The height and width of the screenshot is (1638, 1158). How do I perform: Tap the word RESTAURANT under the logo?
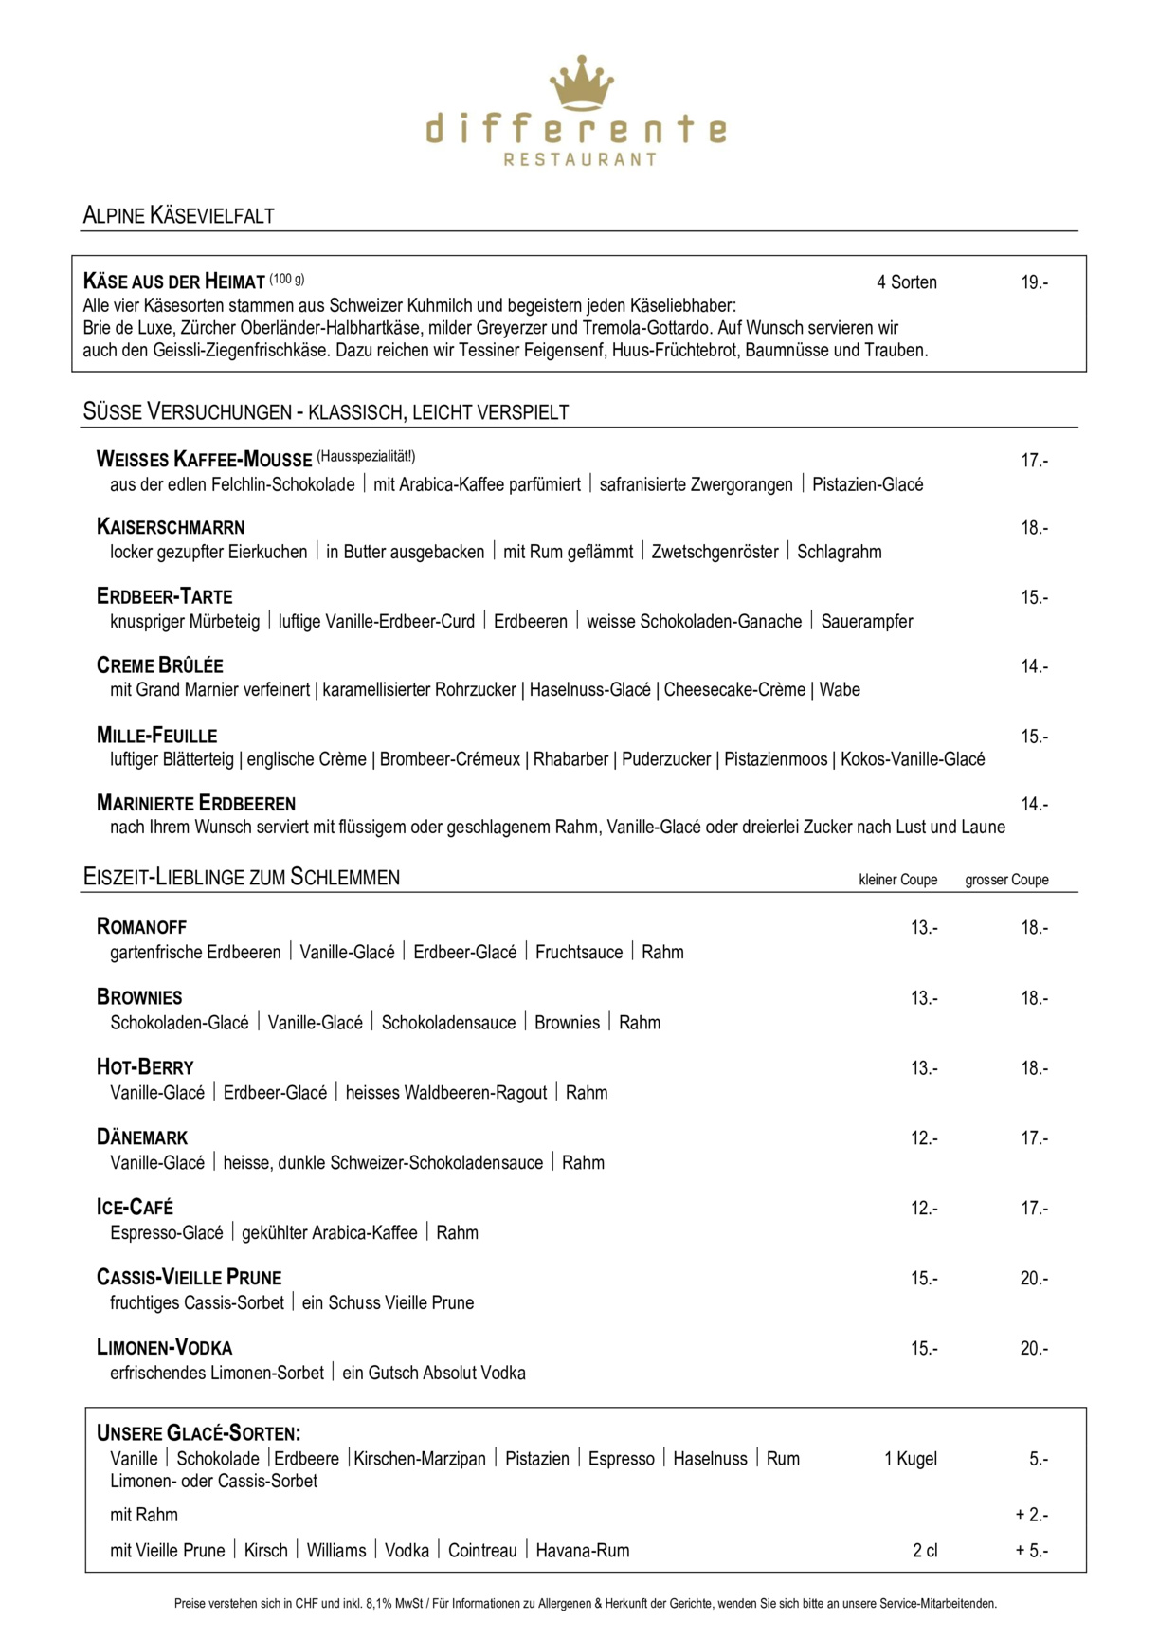[x=580, y=159]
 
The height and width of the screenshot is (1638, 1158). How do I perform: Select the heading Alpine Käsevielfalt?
[x=178, y=215]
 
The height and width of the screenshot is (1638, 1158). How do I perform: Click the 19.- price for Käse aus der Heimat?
[x=1034, y=282]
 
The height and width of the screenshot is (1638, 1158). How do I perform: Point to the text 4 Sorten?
[x=906, y=282]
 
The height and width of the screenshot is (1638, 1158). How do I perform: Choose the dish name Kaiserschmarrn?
[x=171, y=527]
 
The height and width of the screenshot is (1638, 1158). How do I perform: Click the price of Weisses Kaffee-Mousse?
[x=1034, y=461]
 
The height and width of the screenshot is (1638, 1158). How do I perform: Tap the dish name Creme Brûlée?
[x=159, y=665]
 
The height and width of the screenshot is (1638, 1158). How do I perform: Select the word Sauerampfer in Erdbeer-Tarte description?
[x=866, y=622]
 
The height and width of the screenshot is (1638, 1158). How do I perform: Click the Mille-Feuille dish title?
[x=156, y=736]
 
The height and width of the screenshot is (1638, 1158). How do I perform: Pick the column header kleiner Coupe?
[x=897, y=880]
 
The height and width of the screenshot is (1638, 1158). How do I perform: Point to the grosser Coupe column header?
[x=1006, y=880]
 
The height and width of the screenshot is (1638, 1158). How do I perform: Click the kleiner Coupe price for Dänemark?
[x=924, y=1137]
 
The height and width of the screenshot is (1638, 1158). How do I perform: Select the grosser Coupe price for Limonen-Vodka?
[x=1034, y=1348]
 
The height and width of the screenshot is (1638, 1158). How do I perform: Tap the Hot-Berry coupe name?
[x=145, y=1067]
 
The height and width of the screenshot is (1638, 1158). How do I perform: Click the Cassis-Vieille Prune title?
[x=189, y=1278]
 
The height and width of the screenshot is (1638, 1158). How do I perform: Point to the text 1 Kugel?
[x=910, y=1459]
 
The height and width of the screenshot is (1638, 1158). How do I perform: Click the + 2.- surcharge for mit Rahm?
[x=1031, y=1515]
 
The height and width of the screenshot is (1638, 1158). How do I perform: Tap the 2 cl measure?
[x=925, y=1551]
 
